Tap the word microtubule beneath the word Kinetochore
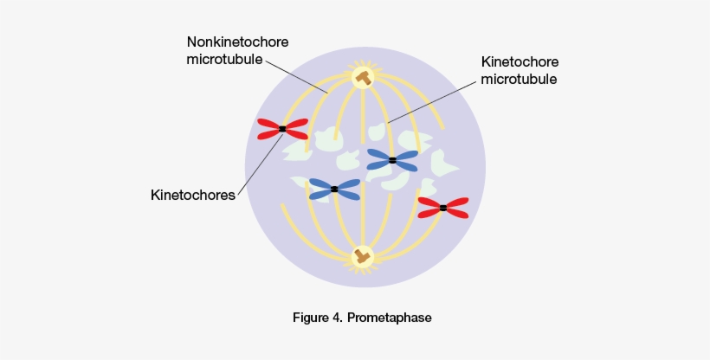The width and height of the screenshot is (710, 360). [x=519, y=79]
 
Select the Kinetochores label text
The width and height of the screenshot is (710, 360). [x=192, y=196]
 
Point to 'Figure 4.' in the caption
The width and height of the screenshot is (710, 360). [x=317, y=318]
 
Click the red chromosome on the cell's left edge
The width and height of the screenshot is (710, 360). [x=282, y=129]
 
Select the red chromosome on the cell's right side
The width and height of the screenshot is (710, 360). [x=442, y=207]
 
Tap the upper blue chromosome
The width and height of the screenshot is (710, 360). [x=392, y=159]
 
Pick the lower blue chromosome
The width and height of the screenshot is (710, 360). [x=334, y=188]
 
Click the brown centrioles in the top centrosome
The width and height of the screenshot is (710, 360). [x=362, y=78]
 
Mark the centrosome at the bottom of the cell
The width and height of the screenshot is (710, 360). [x=362, y=256]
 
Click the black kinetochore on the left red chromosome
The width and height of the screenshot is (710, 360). [x=282, y=129]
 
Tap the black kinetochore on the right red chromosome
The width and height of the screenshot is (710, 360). [x=443, y=208]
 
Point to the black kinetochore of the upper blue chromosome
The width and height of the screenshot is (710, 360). [x=392, y=160]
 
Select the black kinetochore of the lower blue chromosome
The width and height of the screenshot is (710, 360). [x=334, y=189]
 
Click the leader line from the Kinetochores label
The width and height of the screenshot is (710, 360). [x=259, y=164]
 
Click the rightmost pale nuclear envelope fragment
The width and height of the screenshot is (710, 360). [x=446, y=162]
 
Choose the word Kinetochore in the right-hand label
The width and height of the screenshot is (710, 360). [x=520, y=62]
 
